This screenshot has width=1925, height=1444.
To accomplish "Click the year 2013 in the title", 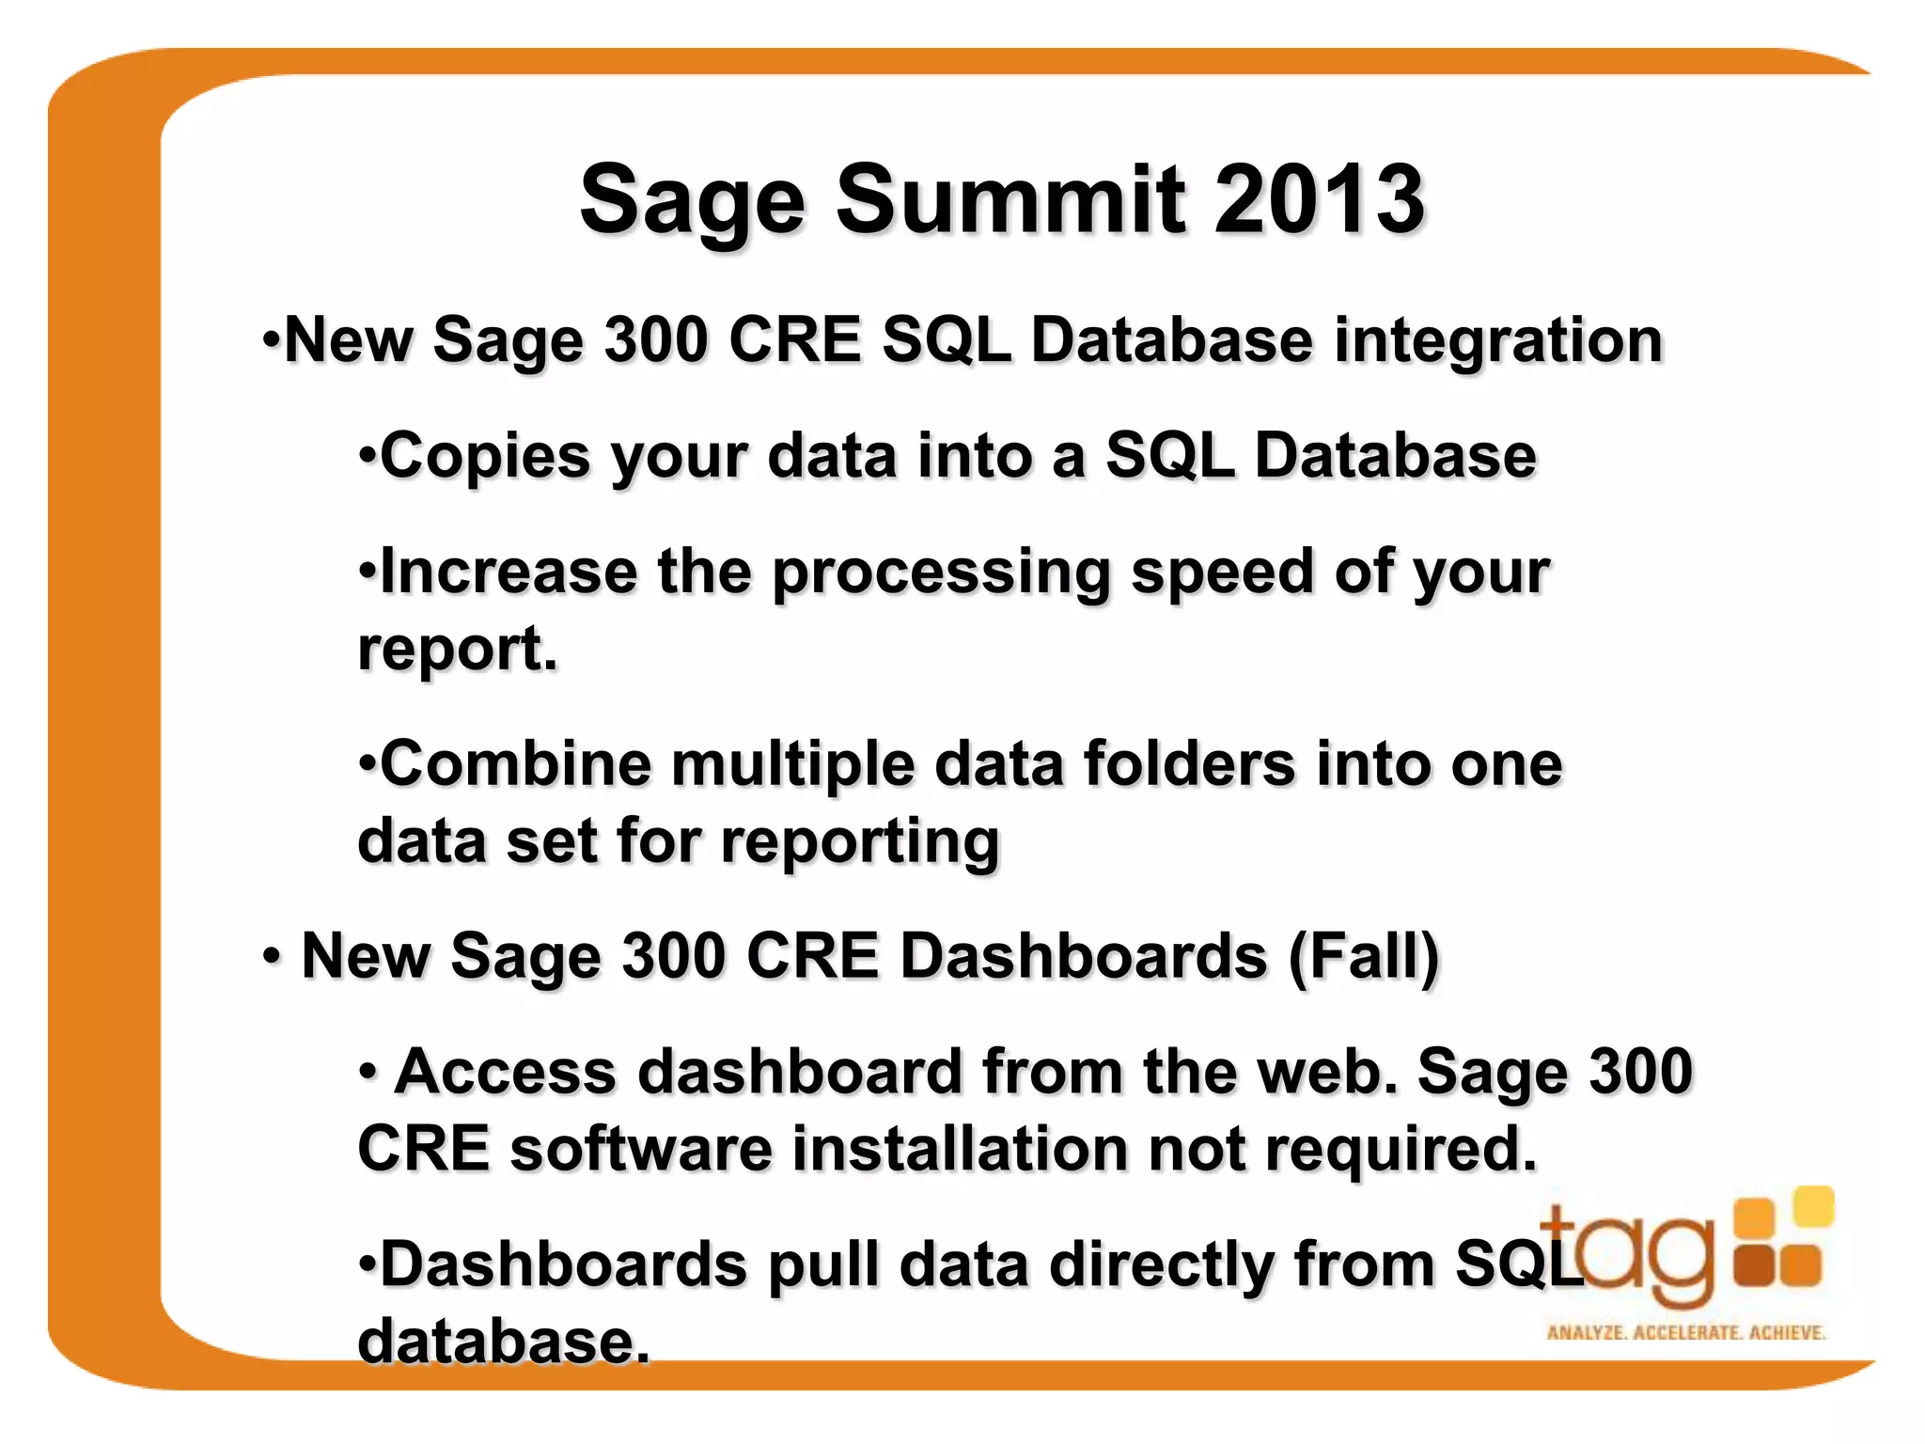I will pyautogui.click(x=1319, y=199).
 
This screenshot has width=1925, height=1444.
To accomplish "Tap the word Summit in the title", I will pyautogui.click(x=1010, y=199).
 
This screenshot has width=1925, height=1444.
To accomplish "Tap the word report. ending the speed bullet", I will pyautogui.click(x=457, y=651).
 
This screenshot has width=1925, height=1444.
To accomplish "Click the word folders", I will pyautogui.click(x=1190, y=763).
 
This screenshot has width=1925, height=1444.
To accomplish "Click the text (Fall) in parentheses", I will pyautogui.click(x=1363, y=957).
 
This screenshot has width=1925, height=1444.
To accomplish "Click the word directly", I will pyautogui.click(x=1161, y=1265).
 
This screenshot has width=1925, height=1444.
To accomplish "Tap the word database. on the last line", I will pyautogui.click(x=504, y=1342).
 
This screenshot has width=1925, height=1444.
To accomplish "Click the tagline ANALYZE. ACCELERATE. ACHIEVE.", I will pyautogui.click(x=1685, y=1332).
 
